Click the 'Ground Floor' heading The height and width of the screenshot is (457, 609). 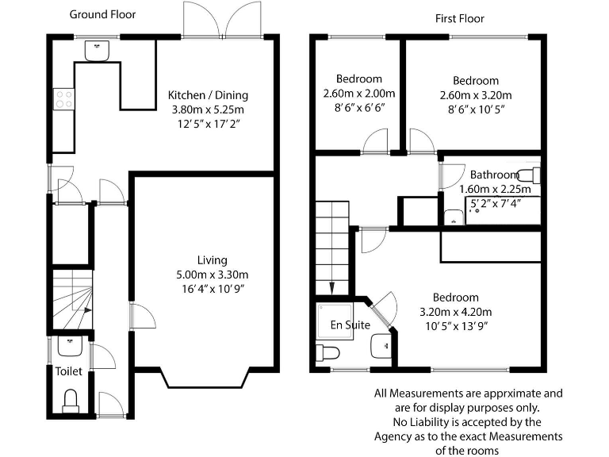(x=102, y=15)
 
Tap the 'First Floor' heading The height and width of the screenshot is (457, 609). (x=459, y=19)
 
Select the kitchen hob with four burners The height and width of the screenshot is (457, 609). (x=64, y=99)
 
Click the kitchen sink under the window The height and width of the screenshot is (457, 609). (x=97, y=51)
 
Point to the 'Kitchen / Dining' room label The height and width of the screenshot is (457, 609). (x=208, y=95)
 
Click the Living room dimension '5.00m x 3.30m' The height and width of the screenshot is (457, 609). (x=212, y=275)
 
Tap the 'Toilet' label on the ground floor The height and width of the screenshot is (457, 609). (x=69, y=371)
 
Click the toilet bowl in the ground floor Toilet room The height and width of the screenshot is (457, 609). (x=71, y=401)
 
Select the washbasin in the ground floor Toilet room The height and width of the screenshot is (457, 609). (x=70, y=346)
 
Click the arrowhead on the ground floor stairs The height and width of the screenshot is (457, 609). (x=88, y=310)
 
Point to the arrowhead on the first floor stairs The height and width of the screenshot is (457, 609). (x=331, y=288)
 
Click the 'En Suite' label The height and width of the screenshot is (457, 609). (x=350, y=325)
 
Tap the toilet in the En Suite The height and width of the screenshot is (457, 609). (x=327, y=353)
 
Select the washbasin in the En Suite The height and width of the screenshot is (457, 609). (x=381, y=346)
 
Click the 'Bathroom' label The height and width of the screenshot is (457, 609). (x=495, y=175)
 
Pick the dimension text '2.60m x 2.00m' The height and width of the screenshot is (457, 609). (x=359, y=94)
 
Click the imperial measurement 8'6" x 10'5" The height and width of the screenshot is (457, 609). (x=476, y=109)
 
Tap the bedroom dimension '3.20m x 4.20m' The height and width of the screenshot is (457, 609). (x=456, y=312)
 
